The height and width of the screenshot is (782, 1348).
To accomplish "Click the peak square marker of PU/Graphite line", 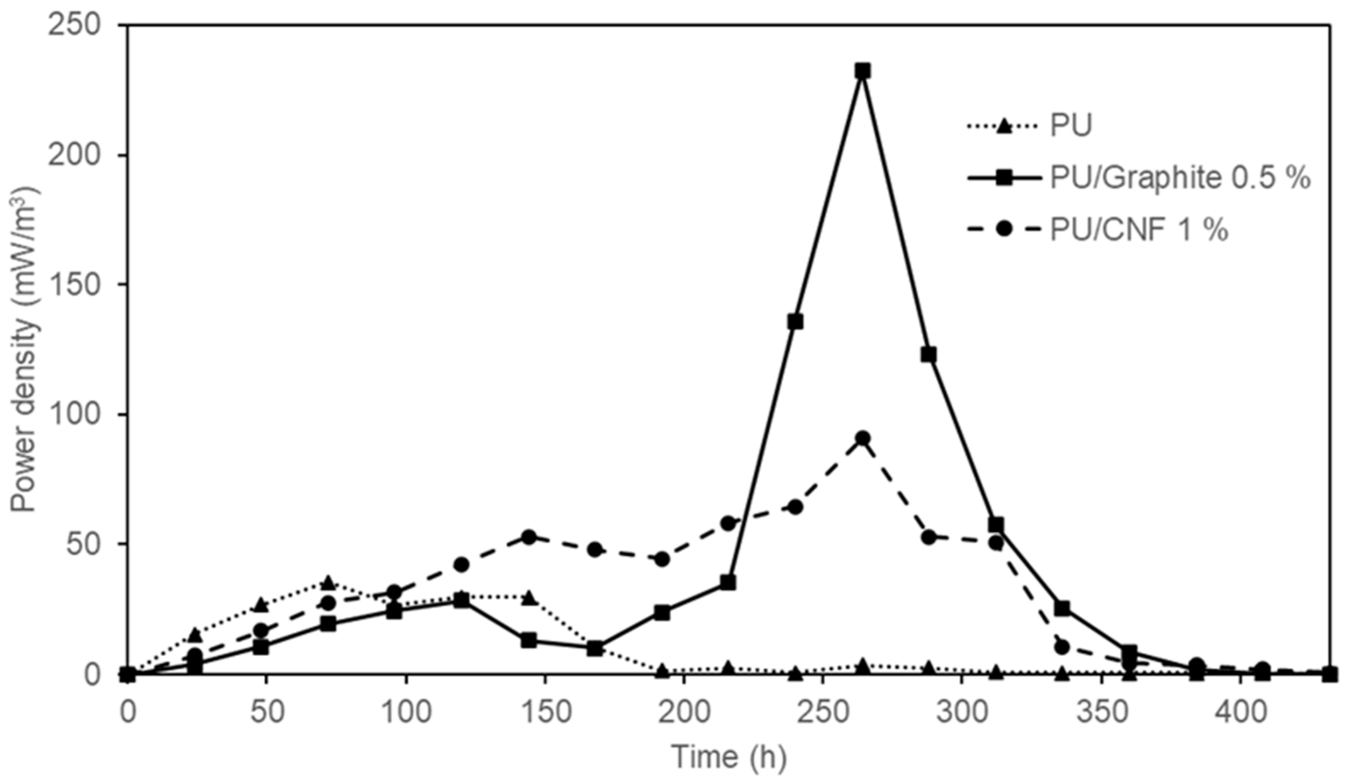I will point(862,71).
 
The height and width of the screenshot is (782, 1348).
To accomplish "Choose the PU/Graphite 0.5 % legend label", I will point(1180,178).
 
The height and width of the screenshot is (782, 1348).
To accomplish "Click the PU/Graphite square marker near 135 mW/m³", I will point(795,322).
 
